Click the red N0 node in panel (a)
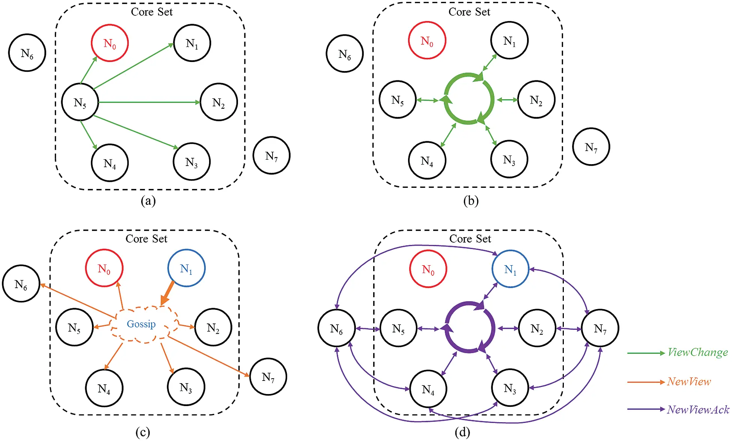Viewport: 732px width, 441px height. [x=110, y=43]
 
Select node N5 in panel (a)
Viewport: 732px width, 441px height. [x=80, y=102]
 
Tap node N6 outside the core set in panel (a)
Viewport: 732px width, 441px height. [x=27, y=53]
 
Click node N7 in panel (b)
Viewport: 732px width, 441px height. [x=591, y=147]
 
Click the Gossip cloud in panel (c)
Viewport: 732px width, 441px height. [x=142, y=324]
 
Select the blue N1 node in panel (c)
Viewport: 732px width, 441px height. [x=186, y=268]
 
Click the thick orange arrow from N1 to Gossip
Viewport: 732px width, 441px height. [x=167, y=293]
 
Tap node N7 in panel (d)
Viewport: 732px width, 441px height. [x=600, y=328]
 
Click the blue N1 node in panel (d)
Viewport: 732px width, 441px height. [x=510, y=269]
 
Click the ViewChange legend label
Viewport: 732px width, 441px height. [x=697, y=352]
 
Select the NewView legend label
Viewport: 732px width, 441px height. [x=689, y=382]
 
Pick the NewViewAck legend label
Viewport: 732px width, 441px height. [x=698, y=409]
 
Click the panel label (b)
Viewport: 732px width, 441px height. [x=471, y=201]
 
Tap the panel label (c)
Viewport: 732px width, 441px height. [x=143, y=432]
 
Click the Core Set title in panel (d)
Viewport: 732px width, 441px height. [x=470, y=239]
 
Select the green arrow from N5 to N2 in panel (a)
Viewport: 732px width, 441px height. [x=150, y=102]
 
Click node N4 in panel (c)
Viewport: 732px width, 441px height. [x=104, y=388]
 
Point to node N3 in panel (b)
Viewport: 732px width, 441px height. [x=509, y=160]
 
